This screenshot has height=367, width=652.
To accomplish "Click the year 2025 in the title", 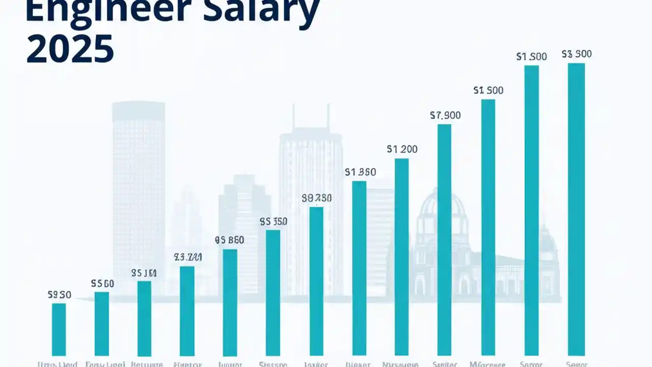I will click(70, 50).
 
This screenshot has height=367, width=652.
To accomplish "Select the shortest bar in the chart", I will click(59, 329).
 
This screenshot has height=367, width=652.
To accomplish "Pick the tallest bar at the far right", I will click(576, 209).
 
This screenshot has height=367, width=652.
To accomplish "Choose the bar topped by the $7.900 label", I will click(444, 240).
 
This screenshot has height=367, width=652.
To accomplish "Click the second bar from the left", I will click(102, 323).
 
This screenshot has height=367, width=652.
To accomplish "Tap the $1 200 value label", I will click(402, 149).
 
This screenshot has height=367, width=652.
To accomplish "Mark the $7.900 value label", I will click(445, 116).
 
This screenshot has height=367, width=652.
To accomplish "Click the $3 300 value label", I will click(576, 54).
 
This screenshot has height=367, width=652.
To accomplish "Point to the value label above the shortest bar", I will click(59, 295).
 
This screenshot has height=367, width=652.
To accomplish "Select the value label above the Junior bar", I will click(229, 240).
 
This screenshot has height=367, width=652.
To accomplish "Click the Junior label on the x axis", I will click(229, 364).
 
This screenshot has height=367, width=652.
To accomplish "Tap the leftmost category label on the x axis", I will click(58, 364).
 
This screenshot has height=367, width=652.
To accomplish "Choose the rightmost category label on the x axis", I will click(576, 364).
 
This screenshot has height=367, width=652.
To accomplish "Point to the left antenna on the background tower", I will click(293, 117).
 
